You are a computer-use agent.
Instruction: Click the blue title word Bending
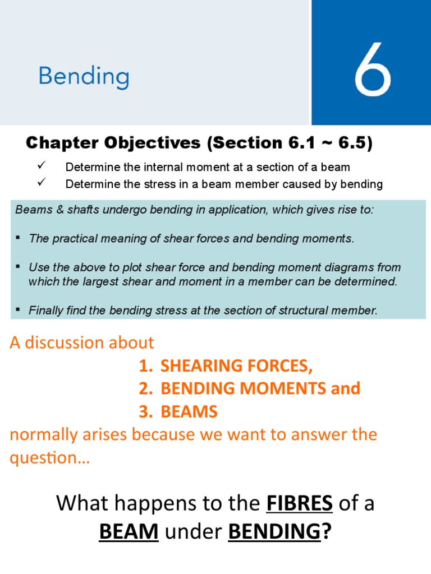pyautogui.click(x=84, y=77)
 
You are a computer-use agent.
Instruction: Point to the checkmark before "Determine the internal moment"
pyautogui.click(x=39, y=166)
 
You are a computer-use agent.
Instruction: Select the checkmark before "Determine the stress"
pyautogui.click(x=39, y=183)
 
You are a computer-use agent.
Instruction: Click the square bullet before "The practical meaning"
pyautogui.click(x=19, y=238)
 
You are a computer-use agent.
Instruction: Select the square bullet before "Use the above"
pyautogui.click(x=19, y=266)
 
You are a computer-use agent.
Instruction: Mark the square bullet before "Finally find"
pyautogui.click(x=19, y=309)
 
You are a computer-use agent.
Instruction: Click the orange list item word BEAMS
pyautogui.click(x=189, y=412)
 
